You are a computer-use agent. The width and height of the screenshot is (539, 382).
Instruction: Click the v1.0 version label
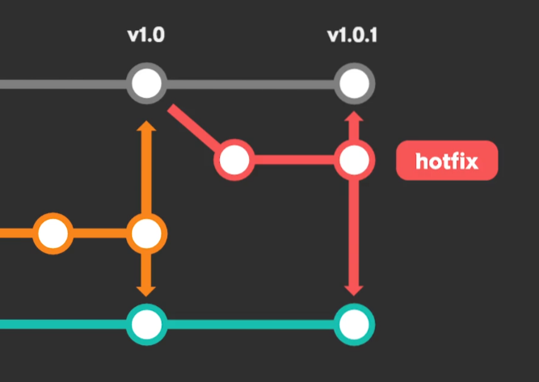(146, 36)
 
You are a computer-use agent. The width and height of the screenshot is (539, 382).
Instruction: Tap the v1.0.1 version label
(352, 36)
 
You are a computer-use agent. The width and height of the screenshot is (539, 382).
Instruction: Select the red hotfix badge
(447, 161)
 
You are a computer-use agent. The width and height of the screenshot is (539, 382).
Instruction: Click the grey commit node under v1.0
(147, 83)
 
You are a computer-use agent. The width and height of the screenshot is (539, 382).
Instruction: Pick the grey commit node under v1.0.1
(354, 83)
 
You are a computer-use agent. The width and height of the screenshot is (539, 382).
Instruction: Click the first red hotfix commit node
(234, 160)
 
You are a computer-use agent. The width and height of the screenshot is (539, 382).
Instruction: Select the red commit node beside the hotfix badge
(354, 160)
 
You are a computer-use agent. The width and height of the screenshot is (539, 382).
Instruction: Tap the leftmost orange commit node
(53, 233)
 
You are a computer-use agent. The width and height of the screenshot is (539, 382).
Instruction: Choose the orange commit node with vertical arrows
(147, 233)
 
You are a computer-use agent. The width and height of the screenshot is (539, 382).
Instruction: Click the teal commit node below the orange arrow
(147, 325)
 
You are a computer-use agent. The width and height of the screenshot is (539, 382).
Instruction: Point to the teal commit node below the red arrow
(354, 325)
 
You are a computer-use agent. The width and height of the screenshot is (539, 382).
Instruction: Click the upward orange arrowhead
(146, 126)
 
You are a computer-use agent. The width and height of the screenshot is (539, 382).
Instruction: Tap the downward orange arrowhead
(146, 292)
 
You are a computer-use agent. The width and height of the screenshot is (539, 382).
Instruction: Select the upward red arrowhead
(354, 116)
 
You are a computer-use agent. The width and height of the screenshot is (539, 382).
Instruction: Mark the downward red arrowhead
(354, 291)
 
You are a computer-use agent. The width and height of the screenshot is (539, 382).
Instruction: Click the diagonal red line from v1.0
(194, 127)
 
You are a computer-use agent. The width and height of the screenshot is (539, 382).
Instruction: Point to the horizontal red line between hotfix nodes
(294, 160)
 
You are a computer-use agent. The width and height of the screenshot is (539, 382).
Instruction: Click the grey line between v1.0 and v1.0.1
(251, 84)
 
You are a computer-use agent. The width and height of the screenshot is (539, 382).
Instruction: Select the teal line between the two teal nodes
(251, 325)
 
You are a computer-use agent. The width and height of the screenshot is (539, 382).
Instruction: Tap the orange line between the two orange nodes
(99, 233)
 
